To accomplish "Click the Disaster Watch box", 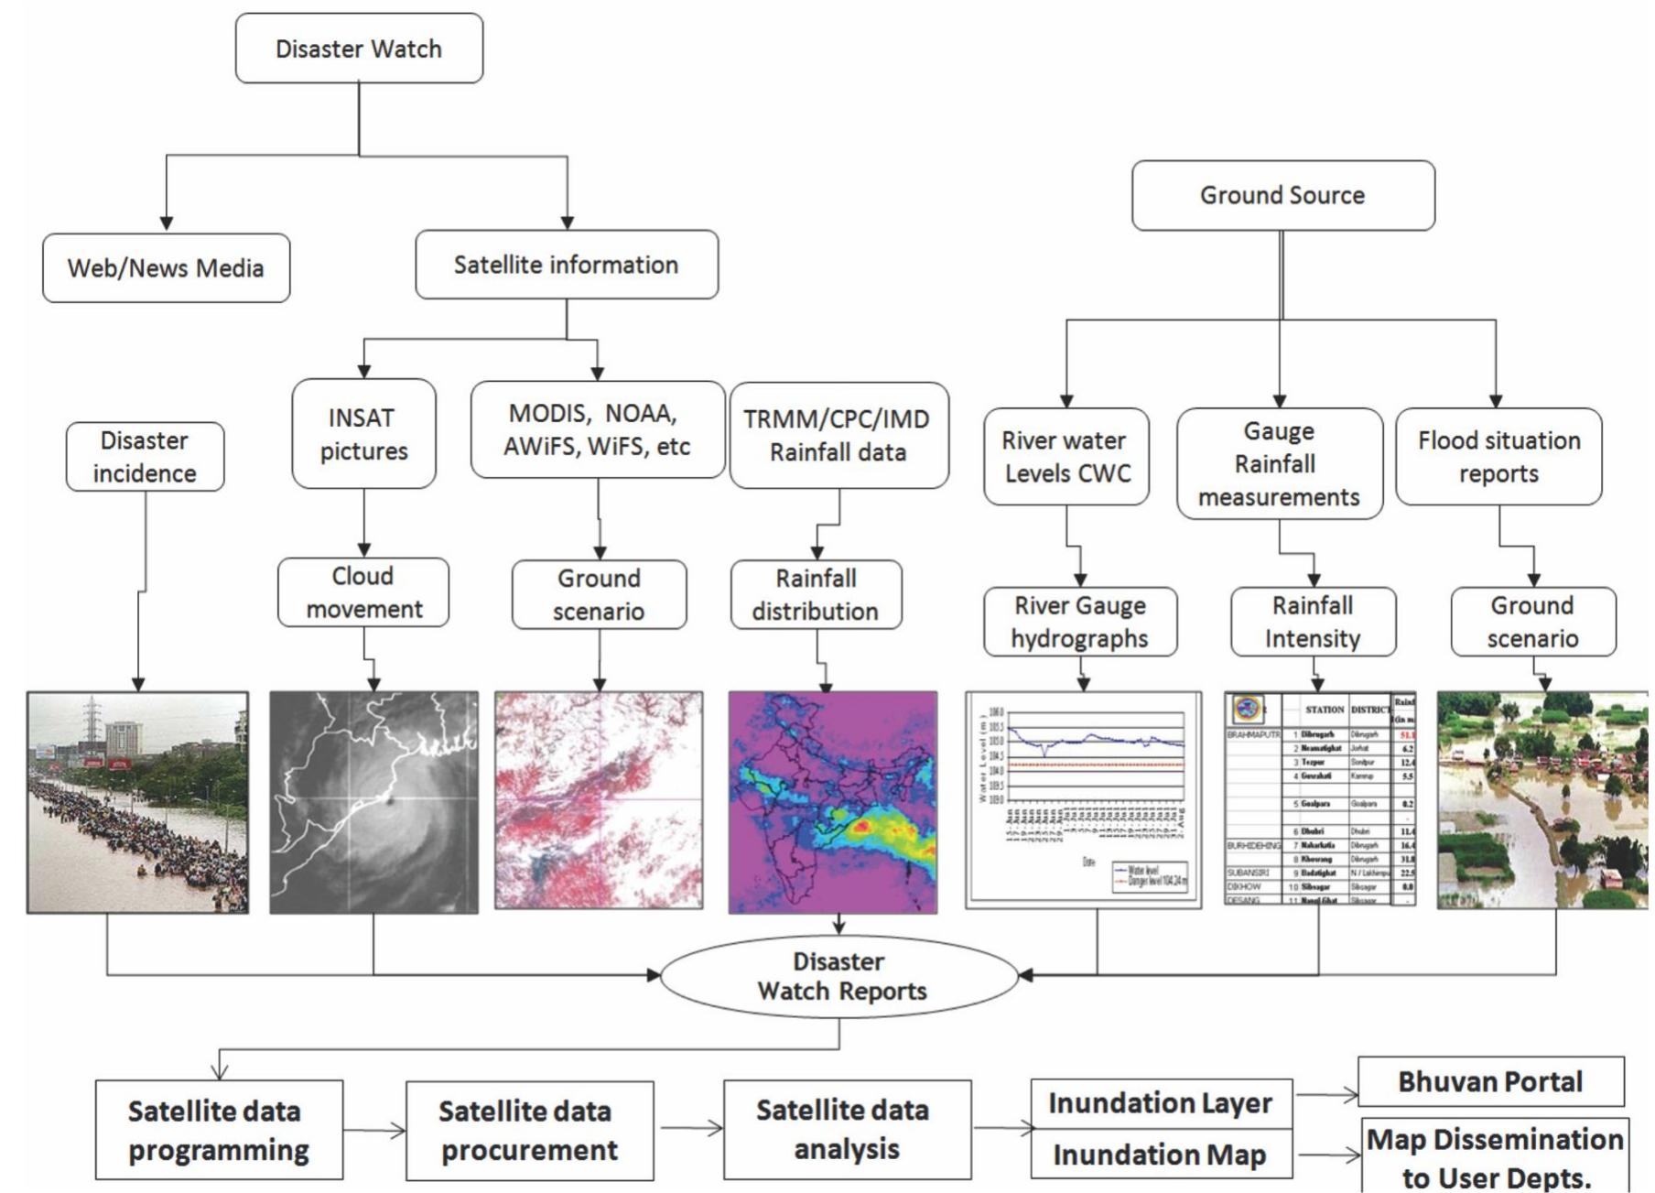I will point(359,49).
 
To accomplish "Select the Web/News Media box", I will point(166,268).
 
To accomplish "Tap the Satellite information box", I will point(567,265).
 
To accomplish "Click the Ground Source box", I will point(1282,195).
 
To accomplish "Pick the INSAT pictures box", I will point(363,434).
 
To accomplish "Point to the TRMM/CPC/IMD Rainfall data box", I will point(838,436).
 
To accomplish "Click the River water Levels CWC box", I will point(1065,457).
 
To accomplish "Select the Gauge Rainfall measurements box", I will point(1279,464).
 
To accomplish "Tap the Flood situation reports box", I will point(1498,457).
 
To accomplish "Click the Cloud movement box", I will point(363,592).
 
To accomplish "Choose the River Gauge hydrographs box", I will point(1080,622).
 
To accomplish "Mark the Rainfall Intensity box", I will point(1313,622).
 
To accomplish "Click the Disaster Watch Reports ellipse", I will point(839,976).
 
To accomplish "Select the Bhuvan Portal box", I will point(1490,1081).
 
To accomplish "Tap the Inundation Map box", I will point(1160,1155).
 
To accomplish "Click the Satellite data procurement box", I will point(529,1131).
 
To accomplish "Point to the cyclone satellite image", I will point(373,802).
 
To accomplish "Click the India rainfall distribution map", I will point(833,802).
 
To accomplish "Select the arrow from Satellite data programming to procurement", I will point(374,1131).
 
